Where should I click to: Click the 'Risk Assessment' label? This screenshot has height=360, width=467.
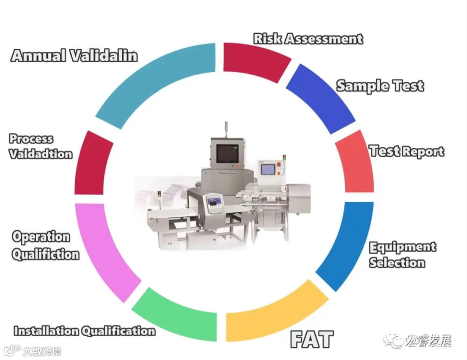(308, 38)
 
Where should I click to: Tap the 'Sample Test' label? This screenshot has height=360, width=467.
(380, 86)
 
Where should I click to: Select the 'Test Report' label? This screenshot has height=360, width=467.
(406, 151)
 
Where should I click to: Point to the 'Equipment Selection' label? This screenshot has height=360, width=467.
(402, 255)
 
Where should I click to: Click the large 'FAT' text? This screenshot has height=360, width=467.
(311, 339)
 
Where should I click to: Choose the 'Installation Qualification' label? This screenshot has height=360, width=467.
(84, 330)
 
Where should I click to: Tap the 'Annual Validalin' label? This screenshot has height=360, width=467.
(74, 56)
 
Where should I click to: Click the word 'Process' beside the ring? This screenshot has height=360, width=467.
(31, 139)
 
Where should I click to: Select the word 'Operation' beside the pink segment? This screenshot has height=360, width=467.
(41, 237)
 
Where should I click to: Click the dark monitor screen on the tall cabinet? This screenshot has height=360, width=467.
(227, 153)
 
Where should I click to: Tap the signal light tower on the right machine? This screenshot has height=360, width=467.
(282, 158)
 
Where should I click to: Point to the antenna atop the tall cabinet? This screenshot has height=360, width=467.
(226, 128)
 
